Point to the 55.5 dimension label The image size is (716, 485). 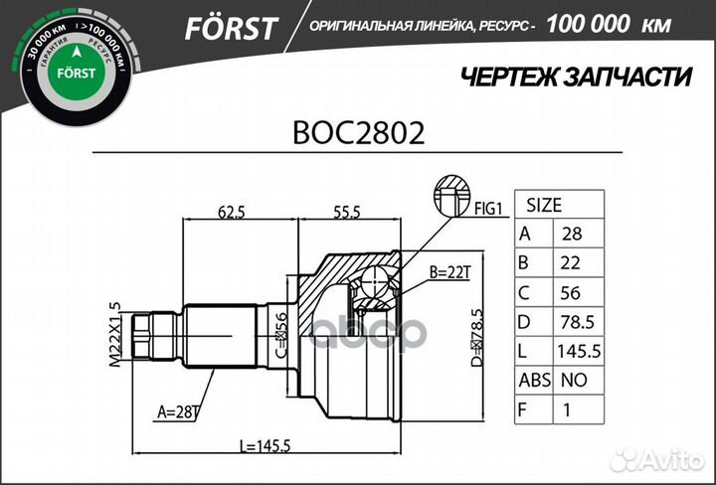347,211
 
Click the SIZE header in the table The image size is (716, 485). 543,206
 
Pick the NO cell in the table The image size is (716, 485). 574,380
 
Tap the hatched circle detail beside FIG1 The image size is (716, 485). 450,194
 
